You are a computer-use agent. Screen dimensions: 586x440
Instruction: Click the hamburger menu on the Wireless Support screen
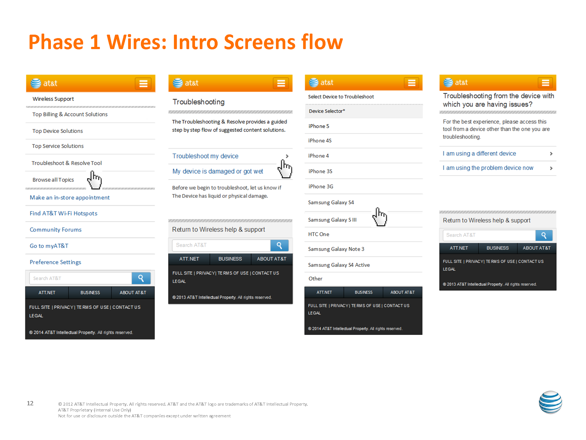tap(143, 83)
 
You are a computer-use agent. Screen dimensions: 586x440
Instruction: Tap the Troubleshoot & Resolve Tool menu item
tap(67, 163)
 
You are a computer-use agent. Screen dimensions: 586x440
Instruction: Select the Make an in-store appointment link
tap(70, 198)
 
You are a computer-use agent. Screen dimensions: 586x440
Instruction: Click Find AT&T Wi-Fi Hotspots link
tap(63, 214)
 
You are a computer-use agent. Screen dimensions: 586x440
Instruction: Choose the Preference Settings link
tap(55, 262)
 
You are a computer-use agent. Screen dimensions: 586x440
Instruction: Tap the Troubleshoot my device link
tap(205, 156)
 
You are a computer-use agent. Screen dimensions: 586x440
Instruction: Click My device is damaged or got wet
tap(218, 171)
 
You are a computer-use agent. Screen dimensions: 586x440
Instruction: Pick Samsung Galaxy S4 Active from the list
tap(339, 265)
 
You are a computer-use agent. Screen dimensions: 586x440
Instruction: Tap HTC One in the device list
tap(319, 234)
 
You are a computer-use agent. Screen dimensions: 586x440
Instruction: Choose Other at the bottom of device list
tap(315, 279)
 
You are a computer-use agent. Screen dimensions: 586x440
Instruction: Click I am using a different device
tap(479, 154)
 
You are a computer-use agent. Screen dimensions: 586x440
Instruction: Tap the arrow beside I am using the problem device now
tap(551, 168)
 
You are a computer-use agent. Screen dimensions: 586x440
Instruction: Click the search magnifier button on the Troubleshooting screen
tap(279, 245)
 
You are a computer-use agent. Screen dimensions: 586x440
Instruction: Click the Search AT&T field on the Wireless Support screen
tap(81, 278)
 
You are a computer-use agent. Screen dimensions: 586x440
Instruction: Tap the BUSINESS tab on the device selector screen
tap(364, 292)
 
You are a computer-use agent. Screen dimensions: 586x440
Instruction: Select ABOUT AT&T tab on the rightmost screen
tap(537, 248)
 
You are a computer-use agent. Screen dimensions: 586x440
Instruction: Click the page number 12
tap(30, 403)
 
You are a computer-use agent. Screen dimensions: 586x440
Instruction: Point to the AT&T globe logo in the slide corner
tap(550, 402)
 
